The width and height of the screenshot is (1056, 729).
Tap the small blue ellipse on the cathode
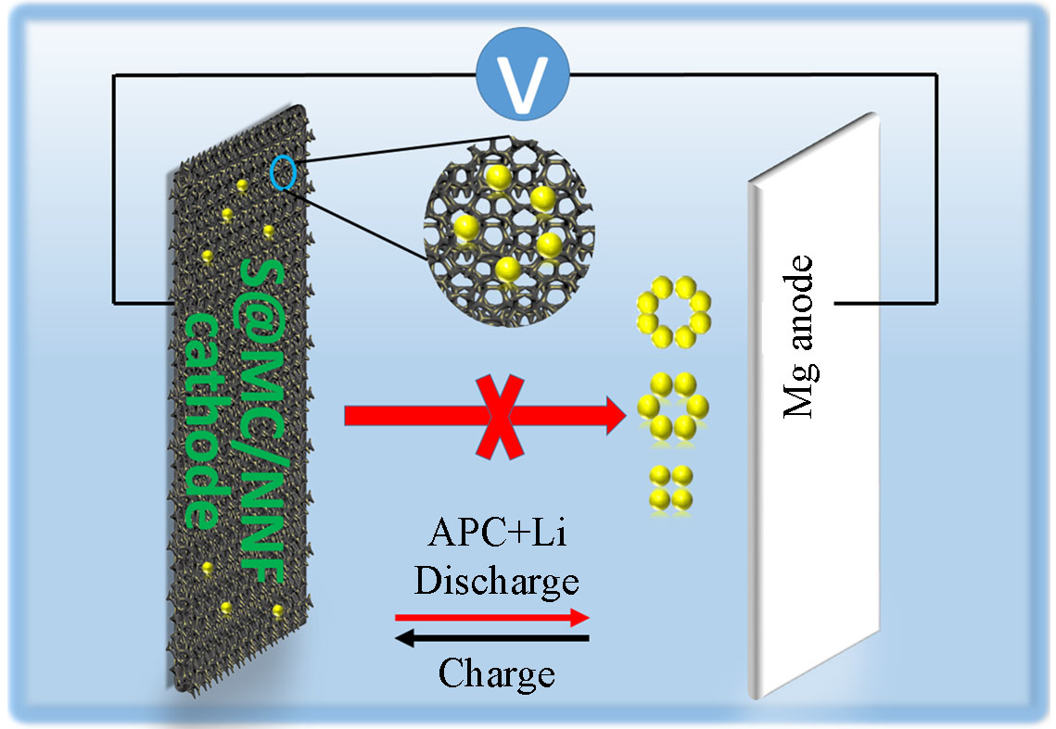[x=285, y=172]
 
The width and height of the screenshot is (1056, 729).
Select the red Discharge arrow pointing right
[x=492, y=617]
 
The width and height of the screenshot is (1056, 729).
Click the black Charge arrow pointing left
[x=492, y=638]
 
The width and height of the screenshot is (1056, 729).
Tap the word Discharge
[x=497, y=582]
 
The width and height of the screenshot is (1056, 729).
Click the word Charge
[x=497, y=673]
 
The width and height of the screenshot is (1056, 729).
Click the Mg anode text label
[x=799, y=338]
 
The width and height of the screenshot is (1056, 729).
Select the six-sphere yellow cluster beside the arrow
[x=674, y=405]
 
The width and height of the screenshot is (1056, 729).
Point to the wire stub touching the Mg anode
[x=853, y=303]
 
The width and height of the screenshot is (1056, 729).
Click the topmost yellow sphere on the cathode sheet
[x=243, y=185]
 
